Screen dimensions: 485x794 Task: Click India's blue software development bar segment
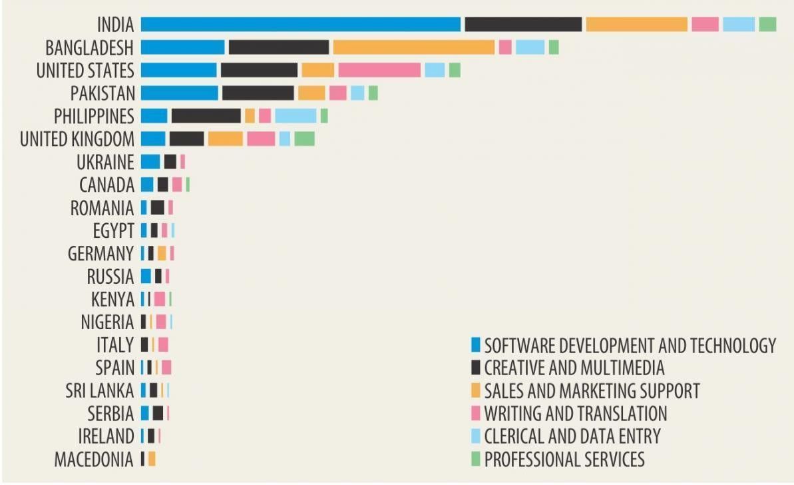[x=301, y=25]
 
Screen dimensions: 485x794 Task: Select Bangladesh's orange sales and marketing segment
[x=413, y=47]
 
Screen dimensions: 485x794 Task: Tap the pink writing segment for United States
[x=379, y=70]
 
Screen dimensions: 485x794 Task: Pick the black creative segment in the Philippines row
[x=206, y=115]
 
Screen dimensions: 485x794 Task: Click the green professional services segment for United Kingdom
[x=304, y=139]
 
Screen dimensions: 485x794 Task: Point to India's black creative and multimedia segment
[x=523, y=25]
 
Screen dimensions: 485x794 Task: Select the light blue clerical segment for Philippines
[x=296, y=115]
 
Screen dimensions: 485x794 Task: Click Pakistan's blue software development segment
[x=180, y=93]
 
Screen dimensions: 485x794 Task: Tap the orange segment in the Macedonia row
[x=152, y=459]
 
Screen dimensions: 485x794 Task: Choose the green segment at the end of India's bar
[x=767, y=25]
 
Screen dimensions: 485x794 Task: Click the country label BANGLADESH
[x=89, y=48]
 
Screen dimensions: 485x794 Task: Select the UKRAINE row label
[x=105, y=162]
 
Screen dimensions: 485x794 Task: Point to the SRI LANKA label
[x=99, y=390]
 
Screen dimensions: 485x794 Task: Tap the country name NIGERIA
[x=107, y=322]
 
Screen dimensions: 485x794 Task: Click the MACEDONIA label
[x=94, y=459]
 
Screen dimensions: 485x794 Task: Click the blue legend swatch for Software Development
[x=475, y=345]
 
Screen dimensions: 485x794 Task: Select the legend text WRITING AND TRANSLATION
[x=575, y=414]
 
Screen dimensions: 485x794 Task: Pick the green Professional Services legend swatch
[x=475, y=459]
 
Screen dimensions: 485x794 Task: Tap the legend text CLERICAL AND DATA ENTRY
[x=572, y=436]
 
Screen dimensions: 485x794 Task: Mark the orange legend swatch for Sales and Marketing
[x=475, y=390]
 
